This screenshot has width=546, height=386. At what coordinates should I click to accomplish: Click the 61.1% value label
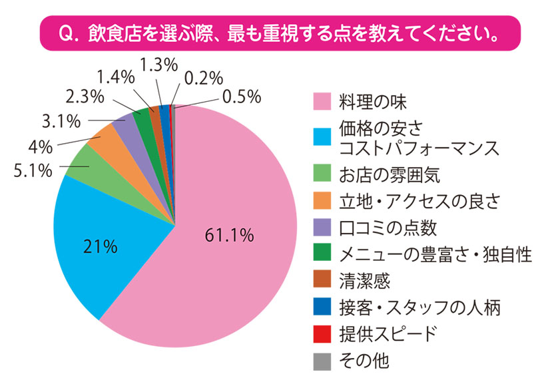(x=229, y=234)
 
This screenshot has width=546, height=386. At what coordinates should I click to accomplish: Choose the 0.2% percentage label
(x=203, y=77)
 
